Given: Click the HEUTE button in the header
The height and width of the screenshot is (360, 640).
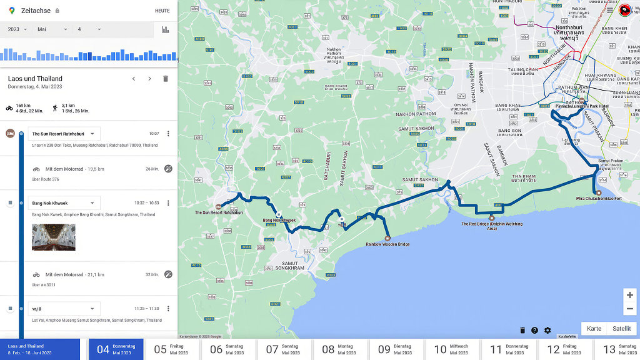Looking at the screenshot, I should coord(162,11).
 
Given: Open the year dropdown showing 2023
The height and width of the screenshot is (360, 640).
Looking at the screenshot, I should coord(17,29).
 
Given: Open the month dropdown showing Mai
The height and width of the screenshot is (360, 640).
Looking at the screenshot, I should coord(52,29).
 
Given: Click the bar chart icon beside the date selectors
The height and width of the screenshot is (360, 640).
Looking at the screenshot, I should coord(166,29).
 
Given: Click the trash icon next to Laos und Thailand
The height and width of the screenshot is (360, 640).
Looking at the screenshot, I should coord(166,79).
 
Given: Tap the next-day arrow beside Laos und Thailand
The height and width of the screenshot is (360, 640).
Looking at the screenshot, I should coord(149,79).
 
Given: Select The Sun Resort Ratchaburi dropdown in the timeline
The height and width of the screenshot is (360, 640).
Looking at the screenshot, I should coord(64,134).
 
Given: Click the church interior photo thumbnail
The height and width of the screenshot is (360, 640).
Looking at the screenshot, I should coord(54,237).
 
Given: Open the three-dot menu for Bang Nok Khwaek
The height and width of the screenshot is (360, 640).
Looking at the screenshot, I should coord(168,203).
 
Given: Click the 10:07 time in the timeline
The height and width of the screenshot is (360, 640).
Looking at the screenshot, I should coord(154,134).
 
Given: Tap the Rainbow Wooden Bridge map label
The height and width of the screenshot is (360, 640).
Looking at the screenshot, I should coord(387,244).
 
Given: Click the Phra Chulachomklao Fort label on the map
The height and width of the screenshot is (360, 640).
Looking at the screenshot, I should coord(599,199).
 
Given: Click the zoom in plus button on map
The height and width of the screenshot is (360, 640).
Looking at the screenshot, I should coord(629,295).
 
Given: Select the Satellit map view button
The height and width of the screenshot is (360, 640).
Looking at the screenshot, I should coord(621,329).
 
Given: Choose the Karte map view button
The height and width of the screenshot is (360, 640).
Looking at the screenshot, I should coord(594,329).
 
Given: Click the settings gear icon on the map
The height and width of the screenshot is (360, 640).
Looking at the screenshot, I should coord(547,330).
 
